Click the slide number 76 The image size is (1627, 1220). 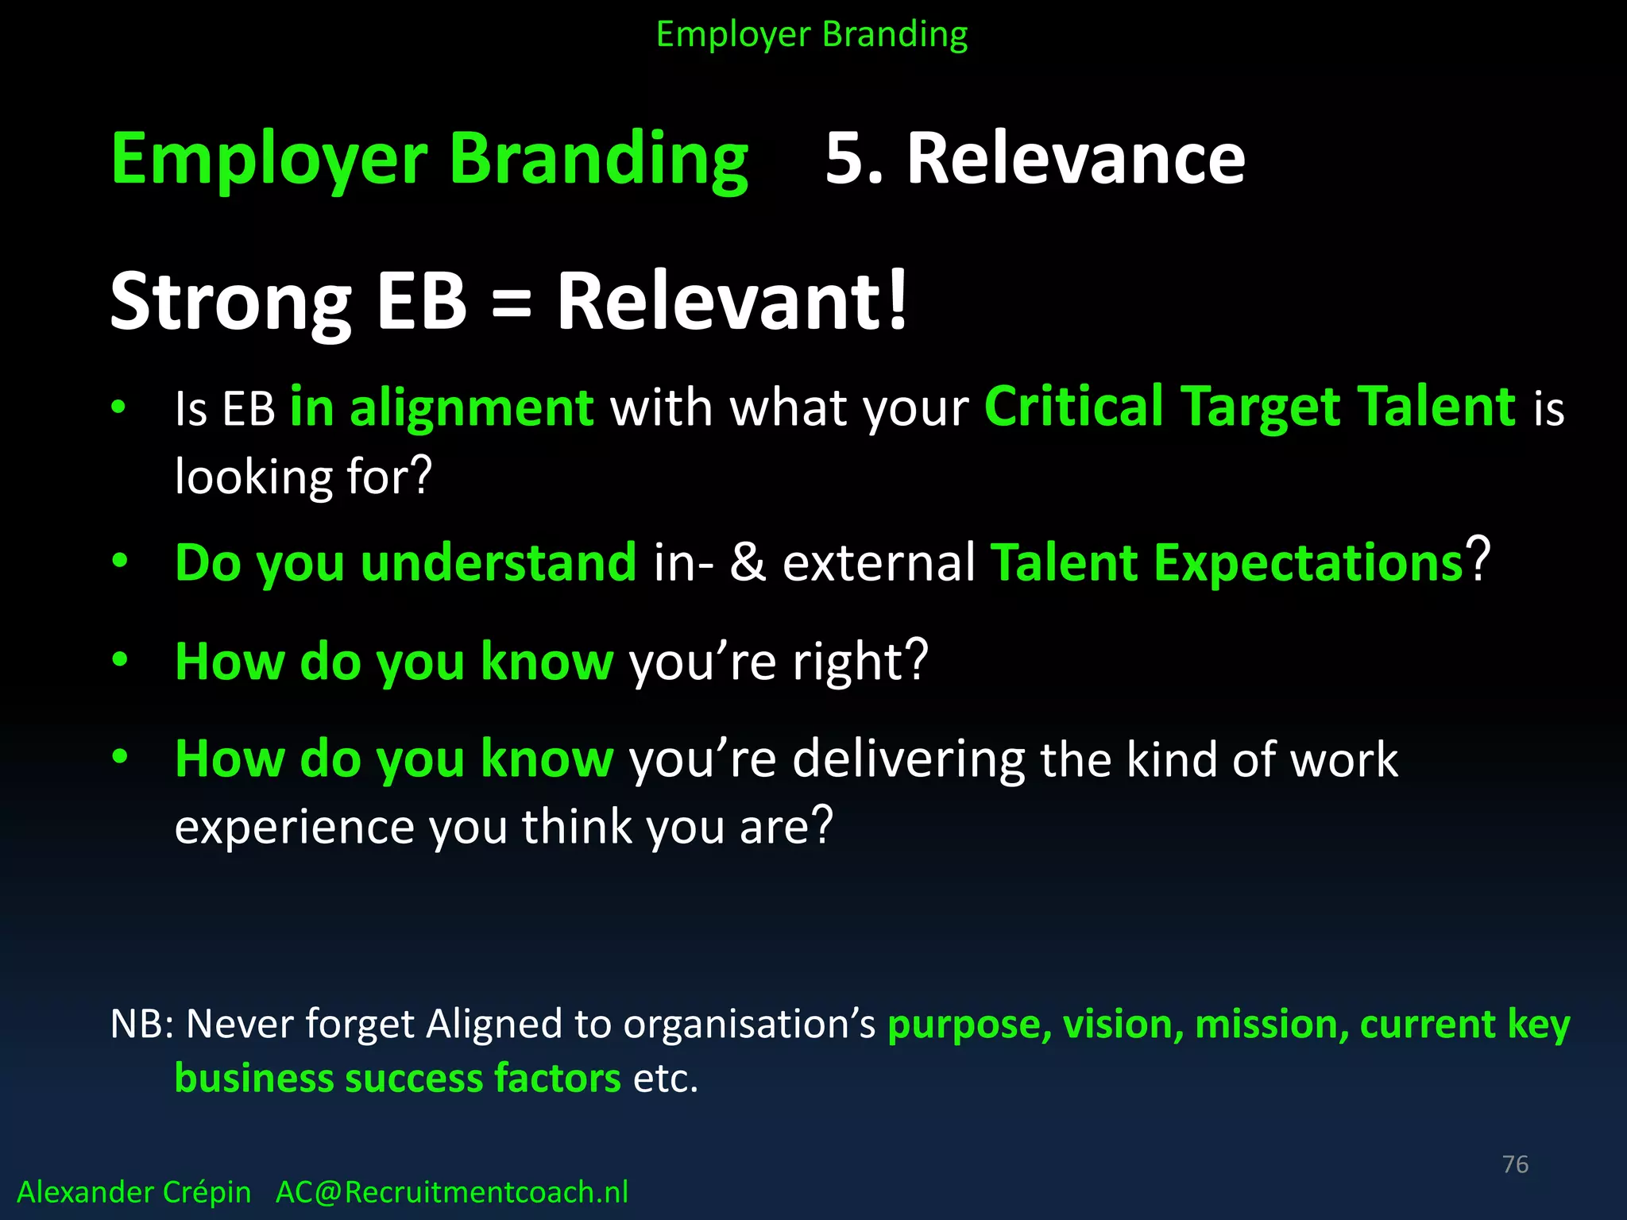click(x=1515, y=1164)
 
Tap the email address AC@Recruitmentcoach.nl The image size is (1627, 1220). click(x=451, y=1192)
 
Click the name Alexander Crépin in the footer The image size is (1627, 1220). click(x=133, y=1192)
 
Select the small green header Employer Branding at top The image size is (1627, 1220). click(x=812, y=35)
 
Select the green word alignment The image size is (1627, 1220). click(x=472, y=408)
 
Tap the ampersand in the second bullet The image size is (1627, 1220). click(x=748, y=562)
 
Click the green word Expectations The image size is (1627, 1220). click(x=1308, y=562)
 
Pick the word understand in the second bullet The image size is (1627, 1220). click(x=498, y=562)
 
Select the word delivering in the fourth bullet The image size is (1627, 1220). click(x=908, y=759)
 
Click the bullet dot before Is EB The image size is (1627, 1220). click(x=119, y=407)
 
